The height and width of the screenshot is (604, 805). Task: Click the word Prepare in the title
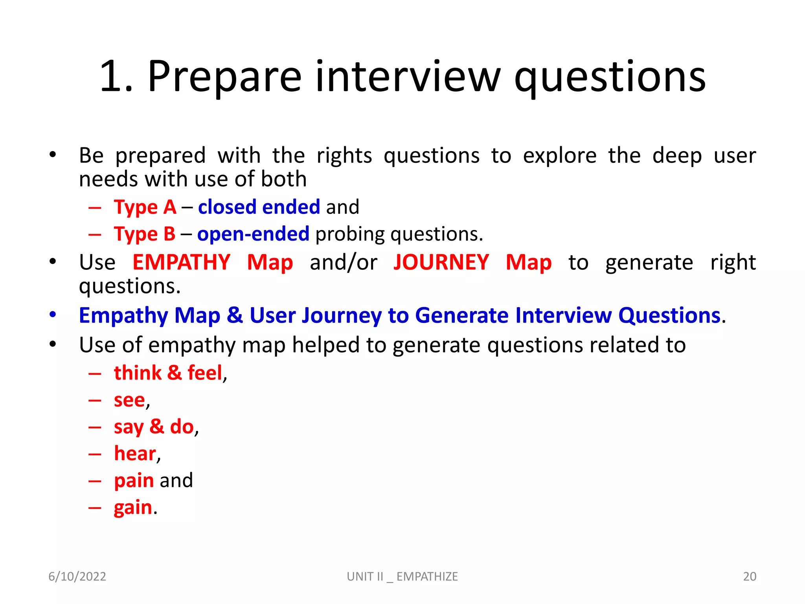[x=224, y=77]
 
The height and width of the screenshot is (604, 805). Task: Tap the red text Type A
[x=145, y=207]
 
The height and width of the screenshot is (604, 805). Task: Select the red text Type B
[x=144, y=234]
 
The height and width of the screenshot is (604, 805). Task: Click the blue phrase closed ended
[x=259, y=207]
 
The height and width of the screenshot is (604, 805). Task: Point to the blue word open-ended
[x=253, y=234]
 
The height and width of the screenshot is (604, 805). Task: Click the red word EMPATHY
[x=181, y=262]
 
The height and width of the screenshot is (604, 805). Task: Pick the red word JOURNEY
[x=441, y=262]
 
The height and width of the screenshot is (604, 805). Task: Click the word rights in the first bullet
[x=344, y=155]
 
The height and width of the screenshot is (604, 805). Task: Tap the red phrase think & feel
[x=168, y=373]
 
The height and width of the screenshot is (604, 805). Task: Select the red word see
[x=129, y=400]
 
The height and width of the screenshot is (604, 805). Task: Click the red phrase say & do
[x=154, y=427]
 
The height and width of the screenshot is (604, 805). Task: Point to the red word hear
[x=135, y=453]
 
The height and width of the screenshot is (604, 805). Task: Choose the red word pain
[x=134, y=481]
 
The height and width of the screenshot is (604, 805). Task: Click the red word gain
[x=133, y=507]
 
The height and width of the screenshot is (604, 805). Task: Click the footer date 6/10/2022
[x=77, y=576]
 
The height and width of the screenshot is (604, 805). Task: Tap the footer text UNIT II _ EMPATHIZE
[x=402, y=576]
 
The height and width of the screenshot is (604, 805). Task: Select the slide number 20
[x=750, y=576]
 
